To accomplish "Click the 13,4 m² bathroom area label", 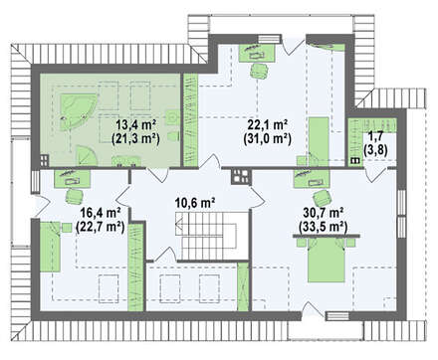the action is (136, 125).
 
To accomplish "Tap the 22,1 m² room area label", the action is (268, 125).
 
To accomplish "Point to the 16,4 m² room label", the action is (100, 211).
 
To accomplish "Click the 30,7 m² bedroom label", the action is (323, 211).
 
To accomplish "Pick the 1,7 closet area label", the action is (375, 135).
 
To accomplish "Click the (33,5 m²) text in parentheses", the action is (323, 227).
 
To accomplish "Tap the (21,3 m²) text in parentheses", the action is (136, 138).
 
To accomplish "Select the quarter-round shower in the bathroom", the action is (87, 156).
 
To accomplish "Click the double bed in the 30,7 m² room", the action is (327, 261).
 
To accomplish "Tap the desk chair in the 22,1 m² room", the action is (259, 71).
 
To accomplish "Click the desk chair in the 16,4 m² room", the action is (75, 196).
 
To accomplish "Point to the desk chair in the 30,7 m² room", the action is (323, 198).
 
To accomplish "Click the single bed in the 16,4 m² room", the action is (50, 247).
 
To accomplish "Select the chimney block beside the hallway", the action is (241, 176).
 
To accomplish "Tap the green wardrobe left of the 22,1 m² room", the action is (191, 120).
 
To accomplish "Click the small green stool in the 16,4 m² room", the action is (67, 228).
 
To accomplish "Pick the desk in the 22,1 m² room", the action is (258, 53).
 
